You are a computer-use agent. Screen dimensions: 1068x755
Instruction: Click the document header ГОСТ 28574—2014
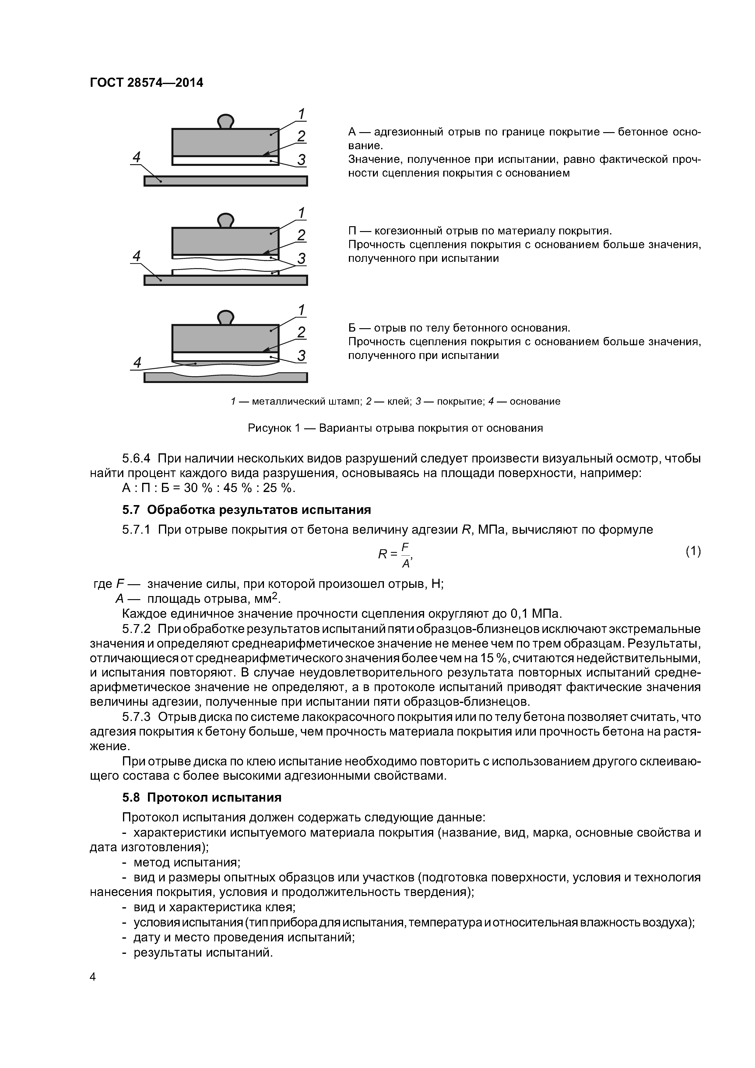[x=146, y=83]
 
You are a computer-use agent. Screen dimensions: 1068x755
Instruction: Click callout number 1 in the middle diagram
[x=301, y=213]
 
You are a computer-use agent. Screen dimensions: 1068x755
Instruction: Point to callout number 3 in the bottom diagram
[x=301, y=356]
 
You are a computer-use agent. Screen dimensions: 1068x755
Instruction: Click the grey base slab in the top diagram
[x=226, y=181]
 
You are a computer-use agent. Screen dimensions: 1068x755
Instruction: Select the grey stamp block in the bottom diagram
[x=225, y=338]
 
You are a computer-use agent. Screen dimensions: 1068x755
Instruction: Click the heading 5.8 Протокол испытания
[x=202, y=797]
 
